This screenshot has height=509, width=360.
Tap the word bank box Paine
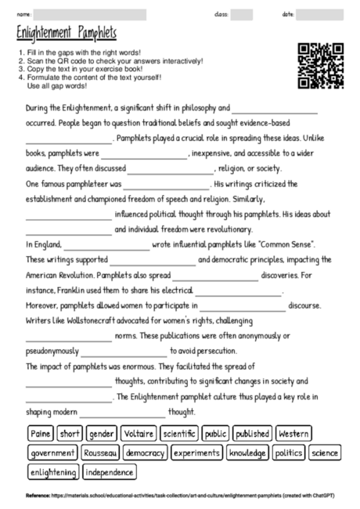pyautogui.click(x=40, y=433)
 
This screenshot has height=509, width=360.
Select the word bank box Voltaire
pyautogui.click(x=139, y=433)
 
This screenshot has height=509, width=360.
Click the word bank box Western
pyautogui.click(x=293, y=433)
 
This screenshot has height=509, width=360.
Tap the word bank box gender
pyautogui.click(x=102, y=433)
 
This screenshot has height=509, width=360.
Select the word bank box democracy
pyautogui.click(x=145, y=453)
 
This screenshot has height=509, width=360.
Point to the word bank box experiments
pyautogui.click(x=197, y=453)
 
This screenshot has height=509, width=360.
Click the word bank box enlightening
pyautogui.click(x=53, y=472)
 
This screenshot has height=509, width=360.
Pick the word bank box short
pyautogui.click(x=70, y=433)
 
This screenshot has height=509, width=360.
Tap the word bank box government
pyautogui.click(x=52, y=453)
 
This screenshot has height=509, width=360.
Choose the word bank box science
pyautogui.click(x=324, y=453)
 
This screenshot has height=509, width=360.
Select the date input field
pyautogui.click(x=319, y=14)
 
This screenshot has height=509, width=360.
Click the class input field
pyautogui.click(x=241, y=14)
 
